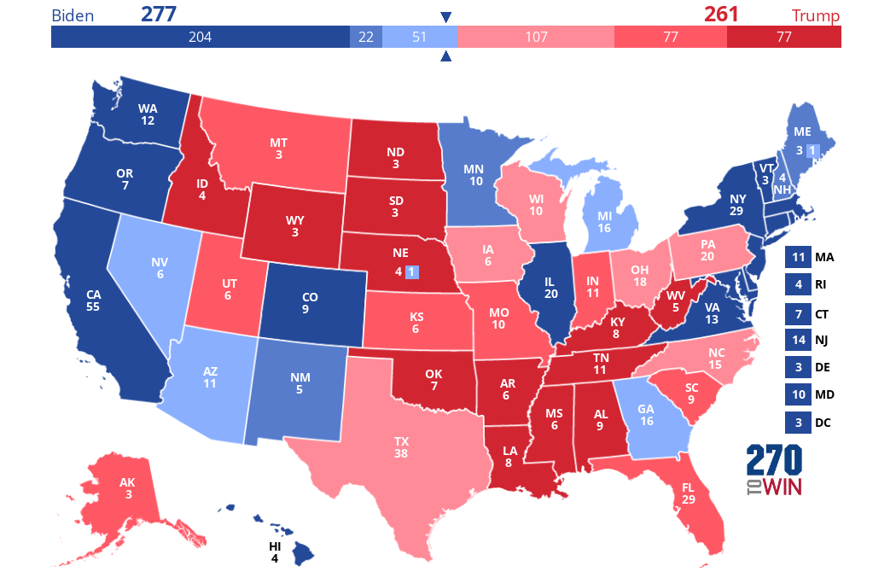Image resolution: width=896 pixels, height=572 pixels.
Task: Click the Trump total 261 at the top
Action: pyautogui.click(x=721, y=15)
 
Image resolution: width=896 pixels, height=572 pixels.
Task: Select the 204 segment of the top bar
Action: pyautogui.click(x=200, y=37)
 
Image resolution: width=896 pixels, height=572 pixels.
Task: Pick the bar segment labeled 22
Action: pyautogui.click(x=366, y=37)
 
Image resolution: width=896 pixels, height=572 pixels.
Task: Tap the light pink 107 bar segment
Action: pyautogui.click(x=535, y=37)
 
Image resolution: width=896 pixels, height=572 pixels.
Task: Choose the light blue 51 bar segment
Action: pyautogui.click(x=419, y=37)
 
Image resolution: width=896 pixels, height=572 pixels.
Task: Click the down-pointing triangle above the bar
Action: pyautogui.click(x=445, y=17)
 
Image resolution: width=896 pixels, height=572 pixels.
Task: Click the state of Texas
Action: pyautogui.click(x=401, y=448)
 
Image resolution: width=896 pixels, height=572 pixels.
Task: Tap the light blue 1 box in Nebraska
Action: pyautogui.click(x=411, y=272)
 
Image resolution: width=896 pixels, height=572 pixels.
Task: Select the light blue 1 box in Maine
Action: pyautogui.click(x=812, y=151)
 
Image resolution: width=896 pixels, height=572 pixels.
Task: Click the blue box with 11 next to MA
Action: pyautogui.click(x=798, y=257)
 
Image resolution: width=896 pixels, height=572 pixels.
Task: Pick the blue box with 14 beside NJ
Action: pyautogui.click(x=798, y=340)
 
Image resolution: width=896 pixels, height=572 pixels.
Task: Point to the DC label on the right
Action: pyautogui.click(x=823, y=422)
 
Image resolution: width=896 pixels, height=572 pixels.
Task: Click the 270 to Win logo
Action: pyautogui.click(x=775, y=470)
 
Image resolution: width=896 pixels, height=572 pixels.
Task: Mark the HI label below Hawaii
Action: pyautogui.click(x=275, y=547)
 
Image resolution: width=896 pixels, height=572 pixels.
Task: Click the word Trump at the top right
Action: pyautogui.click(x=815, y=16)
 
